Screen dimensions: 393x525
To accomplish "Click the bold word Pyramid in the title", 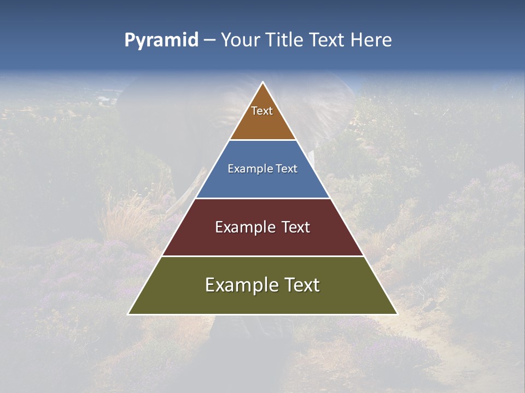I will [x=161, y=40].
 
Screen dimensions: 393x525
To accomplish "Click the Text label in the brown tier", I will [x=262, y=111].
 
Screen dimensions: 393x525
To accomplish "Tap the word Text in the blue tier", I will [x=285, y=169].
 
